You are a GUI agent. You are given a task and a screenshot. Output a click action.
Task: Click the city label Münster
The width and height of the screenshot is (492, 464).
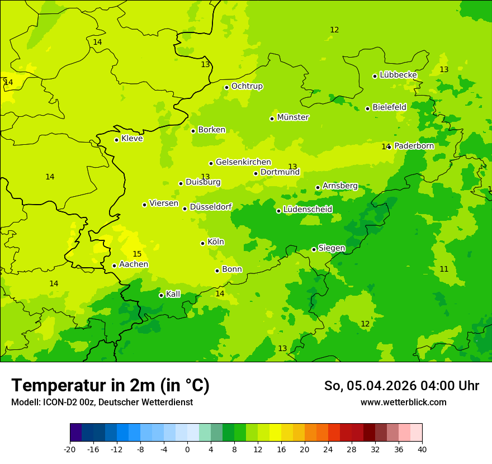[x=293, y=117]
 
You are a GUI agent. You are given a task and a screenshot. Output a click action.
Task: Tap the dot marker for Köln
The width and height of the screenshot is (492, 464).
[x=202, y=243]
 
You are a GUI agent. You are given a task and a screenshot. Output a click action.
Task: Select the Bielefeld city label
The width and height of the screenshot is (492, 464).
[x=389, y=107]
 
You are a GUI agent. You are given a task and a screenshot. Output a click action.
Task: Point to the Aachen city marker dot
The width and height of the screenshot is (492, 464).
[x=114, y=266]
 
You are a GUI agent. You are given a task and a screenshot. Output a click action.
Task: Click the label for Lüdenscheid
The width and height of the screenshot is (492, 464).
[x=307, y=210]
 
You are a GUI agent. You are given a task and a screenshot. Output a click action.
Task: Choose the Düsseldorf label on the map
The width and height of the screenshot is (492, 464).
[x=211, y=207]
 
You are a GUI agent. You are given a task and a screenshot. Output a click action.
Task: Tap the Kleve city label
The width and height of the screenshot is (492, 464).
[x=132, y=139]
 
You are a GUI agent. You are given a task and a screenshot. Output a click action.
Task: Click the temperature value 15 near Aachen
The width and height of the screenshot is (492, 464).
[x=137, y=254]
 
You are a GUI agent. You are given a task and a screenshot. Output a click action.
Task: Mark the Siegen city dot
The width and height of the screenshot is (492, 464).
[x=314, y=249]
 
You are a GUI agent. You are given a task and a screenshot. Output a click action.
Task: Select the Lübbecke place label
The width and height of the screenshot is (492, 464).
[x=398, y=75]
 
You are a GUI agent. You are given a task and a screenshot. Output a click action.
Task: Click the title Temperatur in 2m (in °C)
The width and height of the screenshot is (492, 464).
[x=110, y=386]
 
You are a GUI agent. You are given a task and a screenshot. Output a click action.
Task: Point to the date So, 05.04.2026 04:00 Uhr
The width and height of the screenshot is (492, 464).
[x=401, y=386]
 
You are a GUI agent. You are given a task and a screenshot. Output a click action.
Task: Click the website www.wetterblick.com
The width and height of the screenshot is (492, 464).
[x=403, y=403]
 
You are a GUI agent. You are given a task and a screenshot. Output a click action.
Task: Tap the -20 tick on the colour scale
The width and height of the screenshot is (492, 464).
[x=70, y=449]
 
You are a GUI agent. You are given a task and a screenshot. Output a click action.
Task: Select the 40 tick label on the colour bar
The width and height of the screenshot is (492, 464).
[x=422, y=449]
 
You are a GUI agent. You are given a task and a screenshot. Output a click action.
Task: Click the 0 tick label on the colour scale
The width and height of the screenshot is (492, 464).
[x=187, y=449]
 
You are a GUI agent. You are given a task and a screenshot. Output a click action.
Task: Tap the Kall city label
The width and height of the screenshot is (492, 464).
[x=173, y=294]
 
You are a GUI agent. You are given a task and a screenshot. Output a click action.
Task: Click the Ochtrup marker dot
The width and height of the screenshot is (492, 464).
[x=226, y=87]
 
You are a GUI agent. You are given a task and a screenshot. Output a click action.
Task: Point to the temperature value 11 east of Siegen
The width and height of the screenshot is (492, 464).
[x=444, y=269]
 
